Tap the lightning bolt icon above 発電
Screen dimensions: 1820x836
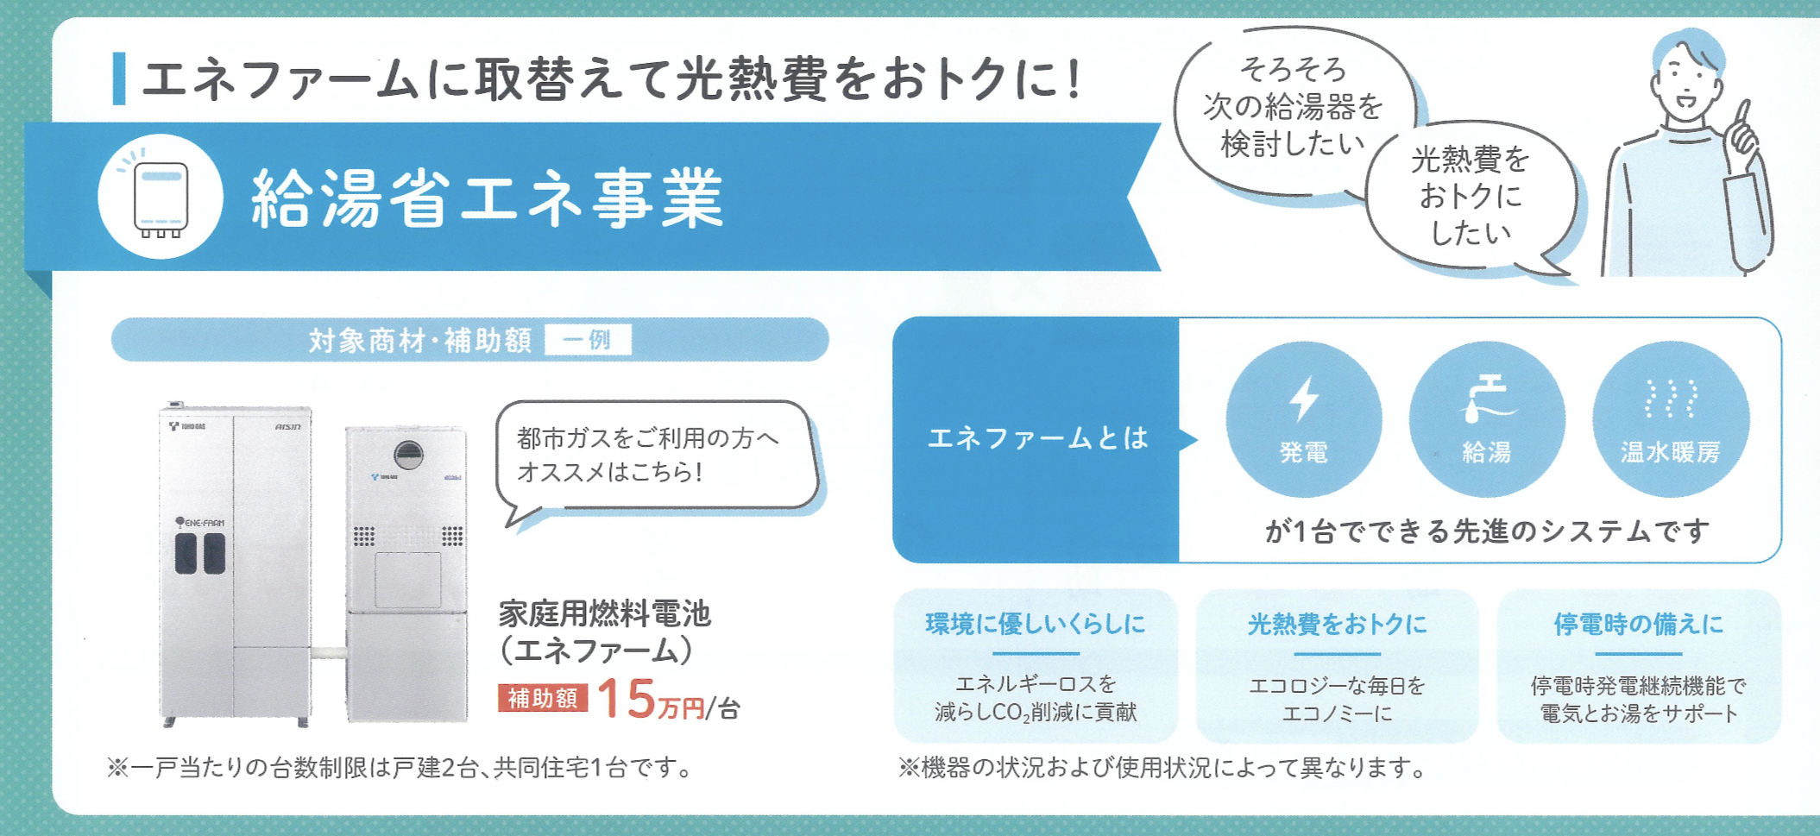pyautogui.click(x=1304, y=398)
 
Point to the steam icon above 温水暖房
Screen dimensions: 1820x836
pyautogui.click(x=1670, y=398)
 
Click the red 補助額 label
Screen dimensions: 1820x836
pyautogui.click(x=543, y=697)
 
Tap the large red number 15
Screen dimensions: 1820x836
pyautogui.click(x=627, y=697)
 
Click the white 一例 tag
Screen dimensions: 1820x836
pyautogui.click(x=588, y=339)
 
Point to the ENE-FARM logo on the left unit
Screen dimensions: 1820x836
pyautogui.click(x=199, y=522)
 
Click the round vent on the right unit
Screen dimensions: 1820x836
pyautogui.click(x=409, y=454)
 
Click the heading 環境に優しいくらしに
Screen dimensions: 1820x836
pyautogui.click(x=1036, y=624)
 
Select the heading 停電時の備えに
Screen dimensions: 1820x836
pyautogui.click(x=1638, y=624)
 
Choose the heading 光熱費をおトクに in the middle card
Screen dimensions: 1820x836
pyautogui.click(x=1337, y=624)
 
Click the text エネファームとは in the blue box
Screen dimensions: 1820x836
pyautogui.click(x=1037, y=438)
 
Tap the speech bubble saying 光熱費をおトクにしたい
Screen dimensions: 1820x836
pyautogui.click(x=1470, y=197)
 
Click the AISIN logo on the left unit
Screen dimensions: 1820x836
pyautogui.click(x=288, y=426)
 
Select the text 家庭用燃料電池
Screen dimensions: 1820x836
pyautogui.click(x=604, y=613)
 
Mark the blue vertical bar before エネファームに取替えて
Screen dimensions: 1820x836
pyautogui.click(x=119, y=79)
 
